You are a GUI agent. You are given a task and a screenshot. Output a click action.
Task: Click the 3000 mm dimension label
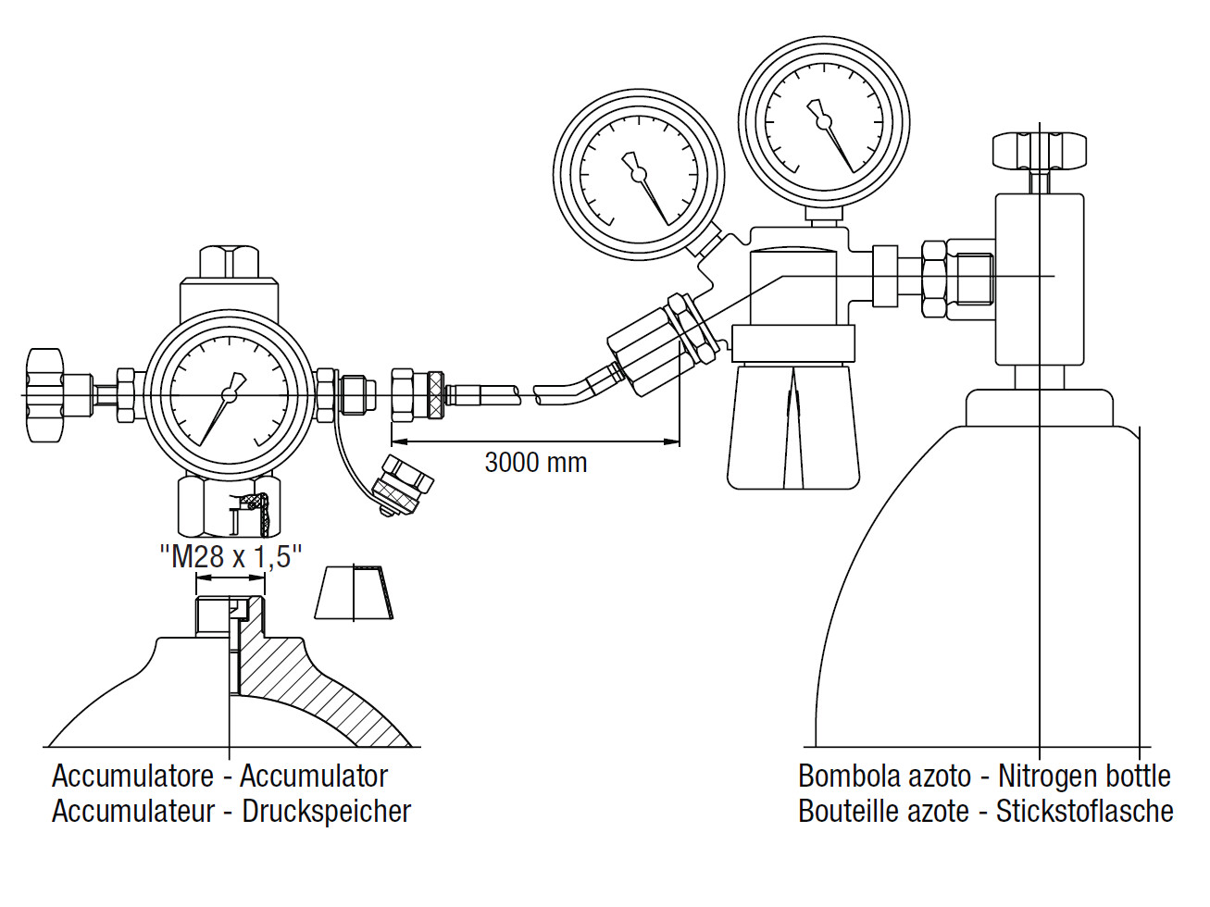(x=535, y=462)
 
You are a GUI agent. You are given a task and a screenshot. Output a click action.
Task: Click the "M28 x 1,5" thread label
(x=231, y=556)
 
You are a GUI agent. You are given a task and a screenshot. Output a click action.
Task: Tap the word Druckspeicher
(x=327, y=811)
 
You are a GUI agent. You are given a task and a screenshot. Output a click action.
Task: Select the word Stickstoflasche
(x=1084, y=811)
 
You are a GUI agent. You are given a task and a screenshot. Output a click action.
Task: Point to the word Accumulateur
(x=133, y=811)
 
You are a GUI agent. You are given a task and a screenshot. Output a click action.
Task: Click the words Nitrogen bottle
(x=1084, y=776)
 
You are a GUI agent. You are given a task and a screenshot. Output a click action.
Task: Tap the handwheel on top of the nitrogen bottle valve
(x=1039, y=151)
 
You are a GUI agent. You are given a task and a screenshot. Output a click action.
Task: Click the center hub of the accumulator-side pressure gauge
(x=229, y=394)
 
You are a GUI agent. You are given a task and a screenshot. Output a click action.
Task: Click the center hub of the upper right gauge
(x=824, y=121)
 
